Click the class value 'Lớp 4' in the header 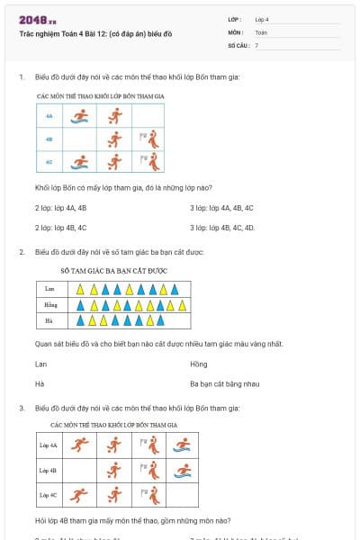(262, 19)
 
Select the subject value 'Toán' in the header (261, 31)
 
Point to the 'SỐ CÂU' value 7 (256, 44)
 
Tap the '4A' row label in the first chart (49, 115)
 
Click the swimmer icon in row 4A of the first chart (80, 115)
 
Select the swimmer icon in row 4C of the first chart (80, 162)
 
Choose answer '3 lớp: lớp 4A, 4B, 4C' (221, 208)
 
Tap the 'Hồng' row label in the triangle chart (50, 305)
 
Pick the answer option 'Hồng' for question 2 (198, 364)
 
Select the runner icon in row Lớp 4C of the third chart (80, 494)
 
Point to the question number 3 (21, 408)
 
